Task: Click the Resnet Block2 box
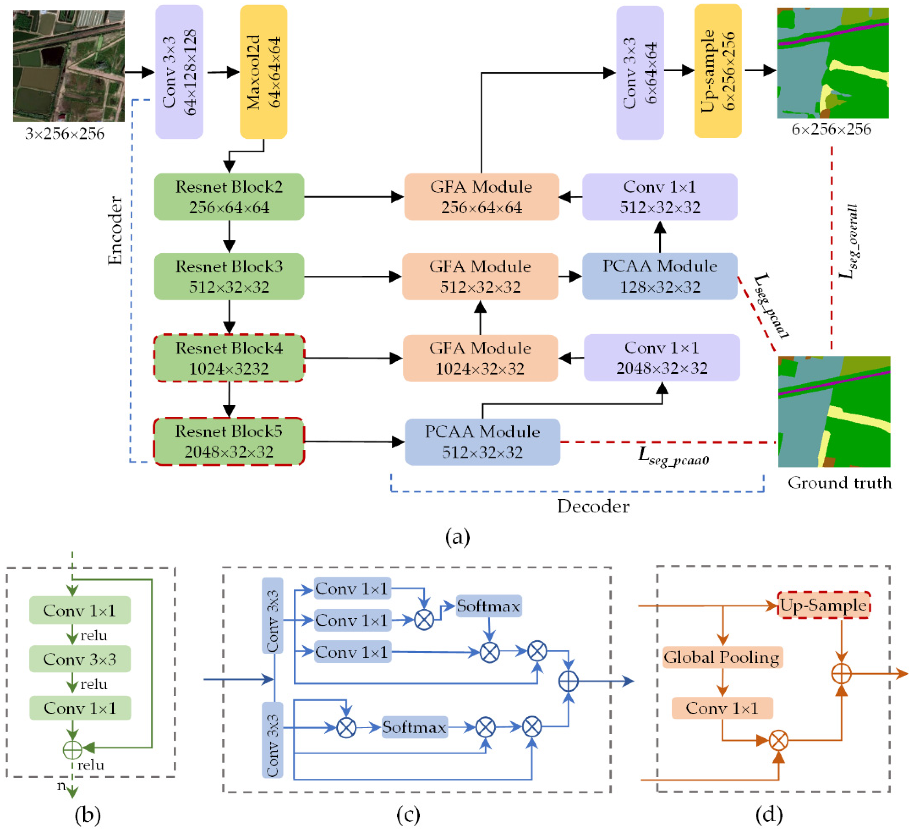229,197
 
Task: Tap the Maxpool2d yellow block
263,72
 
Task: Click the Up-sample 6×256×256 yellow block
718,71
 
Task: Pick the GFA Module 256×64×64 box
482,197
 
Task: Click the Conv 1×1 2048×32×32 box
662,357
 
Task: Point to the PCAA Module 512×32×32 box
482,442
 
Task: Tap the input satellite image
69,66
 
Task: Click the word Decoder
593,506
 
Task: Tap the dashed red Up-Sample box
823,605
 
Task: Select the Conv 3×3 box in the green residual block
80,659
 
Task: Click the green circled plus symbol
72,750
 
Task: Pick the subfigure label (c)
408,815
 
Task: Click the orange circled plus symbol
841,674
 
